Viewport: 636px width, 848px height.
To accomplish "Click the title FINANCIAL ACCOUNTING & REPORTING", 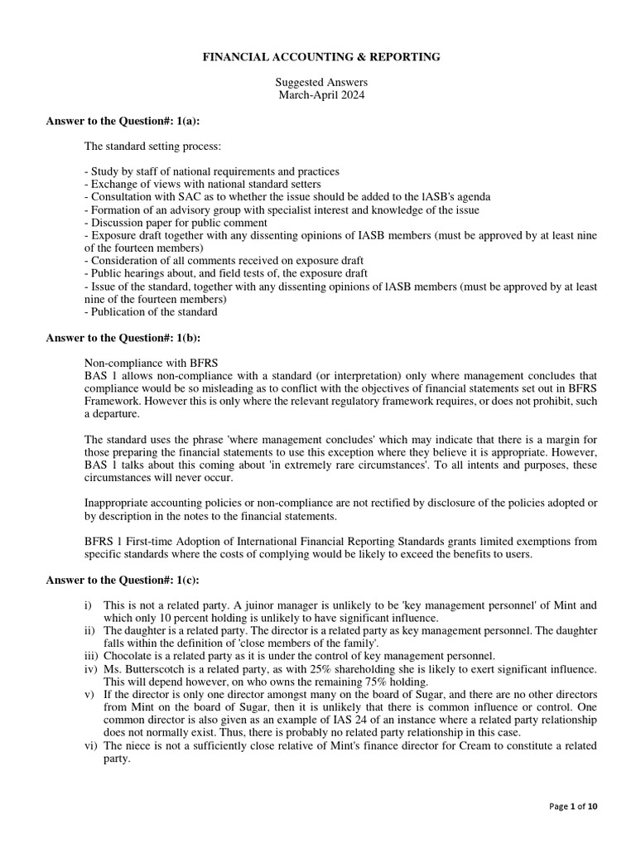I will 322,57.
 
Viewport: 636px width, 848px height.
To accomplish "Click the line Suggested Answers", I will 321,83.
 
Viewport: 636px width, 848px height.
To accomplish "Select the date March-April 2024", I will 321,95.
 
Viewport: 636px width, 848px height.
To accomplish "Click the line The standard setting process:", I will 152,147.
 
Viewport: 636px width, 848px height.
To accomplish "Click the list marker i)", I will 88,605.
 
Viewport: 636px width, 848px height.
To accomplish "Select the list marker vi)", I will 90,745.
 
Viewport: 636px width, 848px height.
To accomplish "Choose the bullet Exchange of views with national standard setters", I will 202,185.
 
